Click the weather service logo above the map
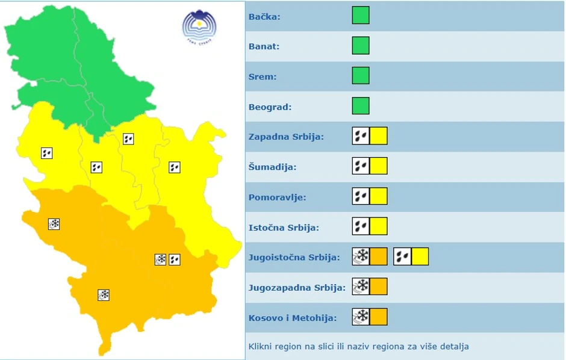click(199, 26)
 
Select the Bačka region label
click(264, 16)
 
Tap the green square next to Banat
click(361, 46)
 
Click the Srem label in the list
click(262, 77)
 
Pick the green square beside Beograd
click(361, 106)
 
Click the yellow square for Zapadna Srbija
click(379, 136)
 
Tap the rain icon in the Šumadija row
click(361, 166)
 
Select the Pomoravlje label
click(277, 197)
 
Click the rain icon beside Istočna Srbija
click(361, 226)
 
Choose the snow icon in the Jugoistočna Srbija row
click(361, 256)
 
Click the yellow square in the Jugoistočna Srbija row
click(420, 256)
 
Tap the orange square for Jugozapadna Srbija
click(379, 287)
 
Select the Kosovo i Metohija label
click(293, 318)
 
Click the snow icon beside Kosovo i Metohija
click(361, 317)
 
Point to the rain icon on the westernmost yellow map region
click(47, 153)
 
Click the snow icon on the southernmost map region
click(104, 295)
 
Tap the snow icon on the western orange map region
click(54, 224)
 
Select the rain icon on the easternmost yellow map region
click(175, 167)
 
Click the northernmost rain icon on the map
click(128, 139)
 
